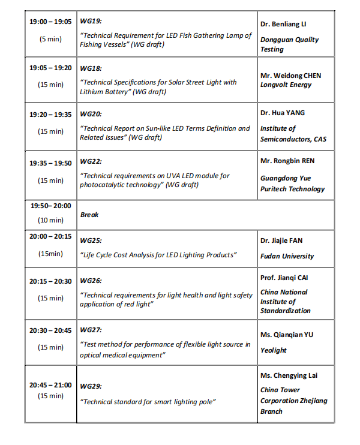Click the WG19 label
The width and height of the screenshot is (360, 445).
[x=91, y=21]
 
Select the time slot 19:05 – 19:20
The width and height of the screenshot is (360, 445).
[x=50, y=68]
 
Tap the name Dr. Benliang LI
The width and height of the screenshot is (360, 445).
[x=283, y=25]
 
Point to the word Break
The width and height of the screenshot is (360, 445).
[x=89, y=215]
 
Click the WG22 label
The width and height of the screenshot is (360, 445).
[x=91, y=162]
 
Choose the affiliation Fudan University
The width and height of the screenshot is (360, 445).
[x=287, y=256]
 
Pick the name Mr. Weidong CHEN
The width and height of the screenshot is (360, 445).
[x=290, y=76]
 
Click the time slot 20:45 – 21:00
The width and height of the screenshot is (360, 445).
[x=50, y=385]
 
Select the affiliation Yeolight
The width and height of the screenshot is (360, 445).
[x=274, y=350]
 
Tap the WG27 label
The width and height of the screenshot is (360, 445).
[x=91, y=330]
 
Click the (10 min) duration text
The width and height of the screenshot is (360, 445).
[x=50, y=220]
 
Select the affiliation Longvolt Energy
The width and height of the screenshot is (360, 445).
[x=286, y=85]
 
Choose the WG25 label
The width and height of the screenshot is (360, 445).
[x=91, y=240]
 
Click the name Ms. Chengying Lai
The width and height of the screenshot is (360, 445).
[x=289, y=375]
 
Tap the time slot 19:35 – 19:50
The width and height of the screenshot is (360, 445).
[x=50, y=163]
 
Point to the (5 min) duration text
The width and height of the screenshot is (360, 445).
[x=50, y=39]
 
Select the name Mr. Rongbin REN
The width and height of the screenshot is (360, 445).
[x=287, y=161]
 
